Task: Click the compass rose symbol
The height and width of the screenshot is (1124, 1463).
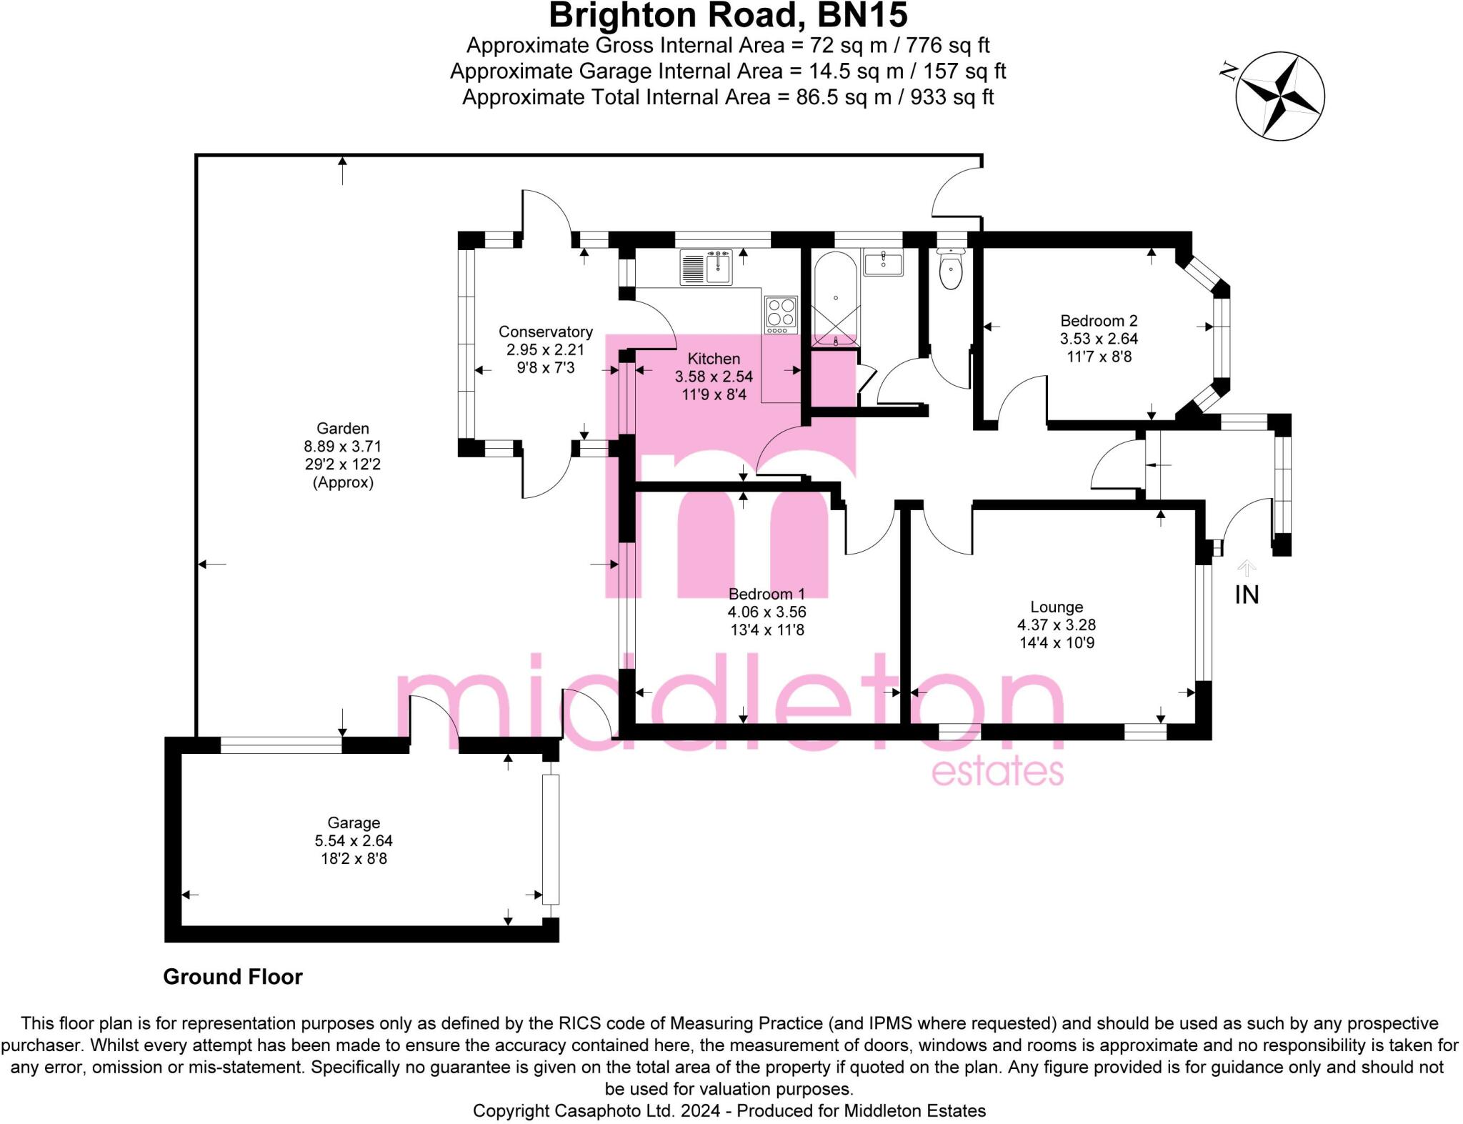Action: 1280,96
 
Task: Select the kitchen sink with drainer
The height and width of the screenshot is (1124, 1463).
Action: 706,267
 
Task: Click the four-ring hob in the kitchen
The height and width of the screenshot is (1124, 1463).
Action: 781,315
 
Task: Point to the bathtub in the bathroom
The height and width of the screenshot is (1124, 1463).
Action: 836,299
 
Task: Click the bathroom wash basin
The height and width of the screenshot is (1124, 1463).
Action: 884,262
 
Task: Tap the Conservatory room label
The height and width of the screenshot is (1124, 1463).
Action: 546,332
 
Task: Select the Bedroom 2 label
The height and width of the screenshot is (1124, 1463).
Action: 1099,321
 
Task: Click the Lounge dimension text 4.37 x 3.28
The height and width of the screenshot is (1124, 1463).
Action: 1057,625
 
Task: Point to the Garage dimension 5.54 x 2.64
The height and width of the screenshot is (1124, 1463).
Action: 354,840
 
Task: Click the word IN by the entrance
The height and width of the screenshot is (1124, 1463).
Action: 1247,595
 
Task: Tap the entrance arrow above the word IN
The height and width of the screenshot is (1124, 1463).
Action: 1247,568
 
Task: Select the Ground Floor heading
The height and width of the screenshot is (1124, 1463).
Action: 233,977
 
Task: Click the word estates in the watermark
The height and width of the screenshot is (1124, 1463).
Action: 998,772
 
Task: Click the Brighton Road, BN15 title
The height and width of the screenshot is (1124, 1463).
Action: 728,15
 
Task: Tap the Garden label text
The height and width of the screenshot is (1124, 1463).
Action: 343,428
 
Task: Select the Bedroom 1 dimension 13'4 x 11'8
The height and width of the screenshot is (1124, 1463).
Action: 767,630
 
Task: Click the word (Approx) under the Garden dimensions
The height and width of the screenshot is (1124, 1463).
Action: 343,482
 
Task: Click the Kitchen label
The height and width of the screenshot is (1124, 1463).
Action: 714,359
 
